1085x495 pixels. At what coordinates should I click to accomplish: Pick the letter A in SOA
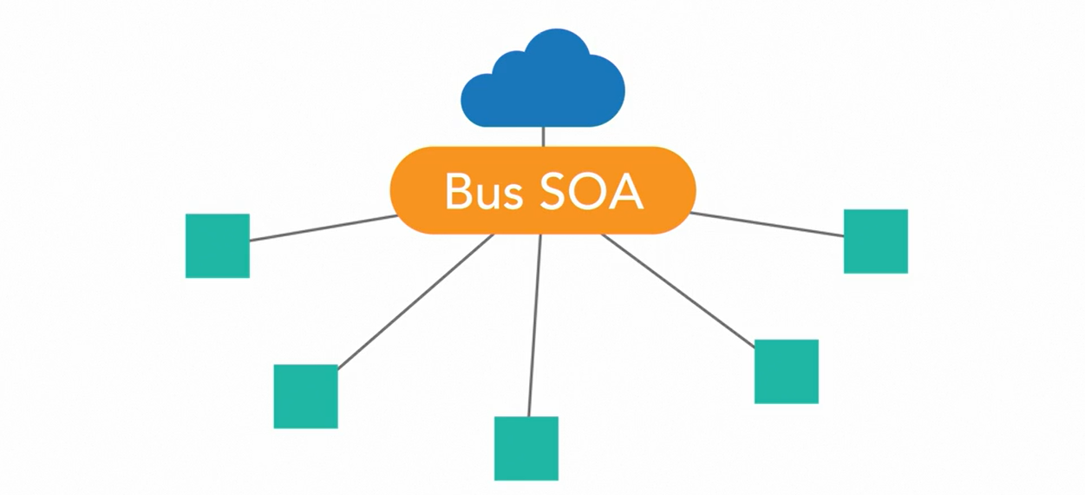coord(626,192)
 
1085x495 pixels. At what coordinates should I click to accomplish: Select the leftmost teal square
coord(217,246)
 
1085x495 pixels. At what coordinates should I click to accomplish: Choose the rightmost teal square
coord(875,241)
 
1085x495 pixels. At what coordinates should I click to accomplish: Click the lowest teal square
coord(526,448)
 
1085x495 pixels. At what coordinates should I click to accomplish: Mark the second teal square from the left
coord(305,396)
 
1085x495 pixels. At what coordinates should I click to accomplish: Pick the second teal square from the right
coord(786,372)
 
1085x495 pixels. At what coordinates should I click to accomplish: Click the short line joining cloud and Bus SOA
coord(543,136)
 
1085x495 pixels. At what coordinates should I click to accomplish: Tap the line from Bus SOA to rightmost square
coord(768,224)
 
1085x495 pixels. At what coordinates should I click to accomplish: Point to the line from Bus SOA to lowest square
coord(534,326)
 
